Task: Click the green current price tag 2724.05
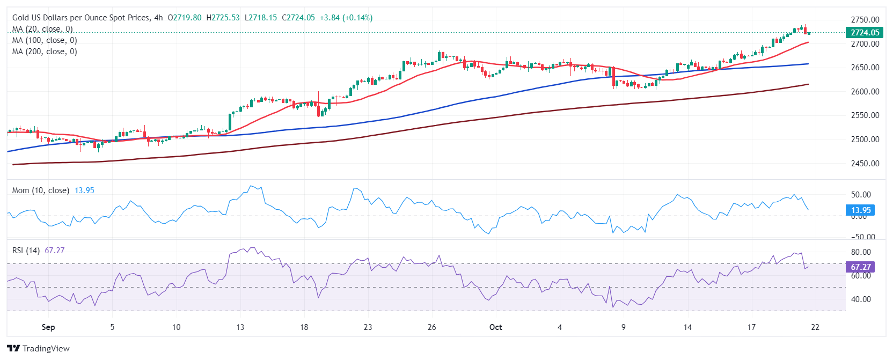[865, 33]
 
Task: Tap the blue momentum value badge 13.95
[861, 210]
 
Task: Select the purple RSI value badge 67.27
[861, 267]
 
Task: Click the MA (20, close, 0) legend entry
[42, 29]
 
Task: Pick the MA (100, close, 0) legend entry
[45, 40]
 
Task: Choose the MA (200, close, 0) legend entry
[45, 52]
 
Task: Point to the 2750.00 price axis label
[865, 20]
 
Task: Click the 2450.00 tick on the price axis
[865, 164]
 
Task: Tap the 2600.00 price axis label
[865, 92]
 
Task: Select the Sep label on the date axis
[48, 327]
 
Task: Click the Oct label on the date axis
[495, 327]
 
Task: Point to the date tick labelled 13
[240, 327]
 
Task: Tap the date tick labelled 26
[431, 327]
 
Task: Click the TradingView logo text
[46, 349]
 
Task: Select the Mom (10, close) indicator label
[41, 190]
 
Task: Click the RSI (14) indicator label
[26, 251]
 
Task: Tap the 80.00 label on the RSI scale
[861, 252]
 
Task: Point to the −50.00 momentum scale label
[863, 237]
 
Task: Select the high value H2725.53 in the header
[225, 18]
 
